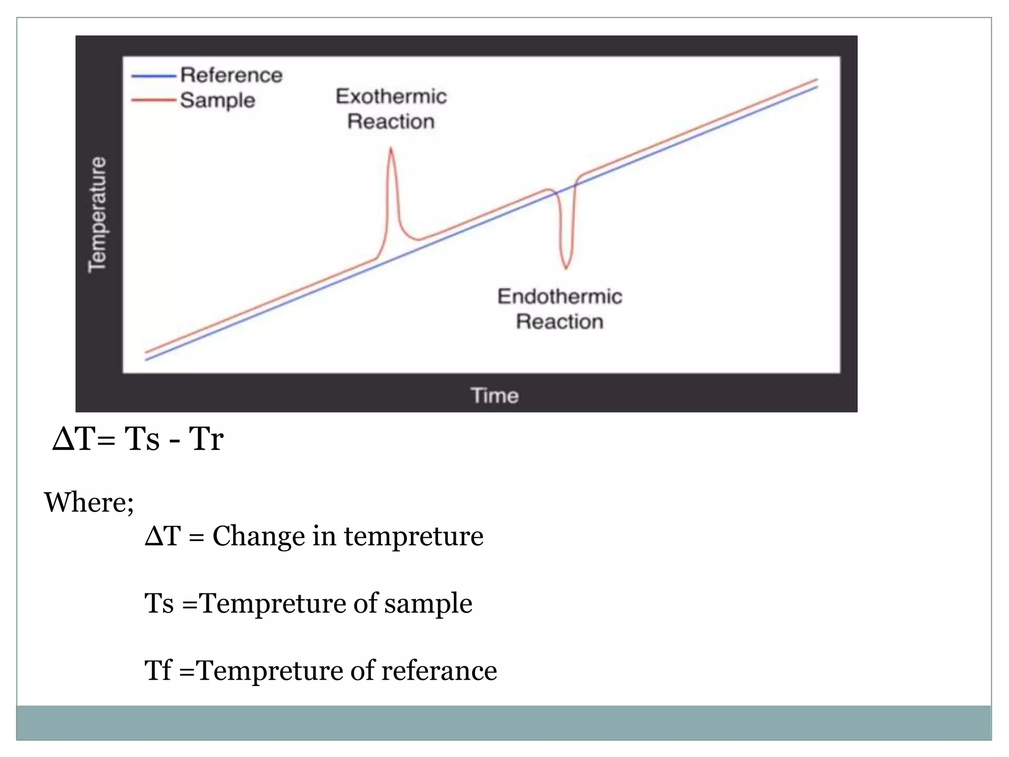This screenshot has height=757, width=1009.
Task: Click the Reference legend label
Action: click(x=231, y=75)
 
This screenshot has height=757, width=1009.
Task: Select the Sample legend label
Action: click(x=217, y=101)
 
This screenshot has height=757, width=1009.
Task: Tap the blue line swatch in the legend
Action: click(x=153, y=76)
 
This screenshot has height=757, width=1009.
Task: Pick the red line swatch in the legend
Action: click(x=153, y=100)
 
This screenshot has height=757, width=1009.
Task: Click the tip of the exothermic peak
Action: click(x=391, y=148)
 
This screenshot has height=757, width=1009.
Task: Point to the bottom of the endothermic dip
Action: click(x=566, y=268)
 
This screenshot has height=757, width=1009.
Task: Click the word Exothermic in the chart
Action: click(x=391, y=97)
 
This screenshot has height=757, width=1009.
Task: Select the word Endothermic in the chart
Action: click(x=560, y=297)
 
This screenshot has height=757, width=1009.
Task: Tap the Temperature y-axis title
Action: click(x=97, y=214)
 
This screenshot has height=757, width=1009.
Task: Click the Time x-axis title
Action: click(x=495, y=395)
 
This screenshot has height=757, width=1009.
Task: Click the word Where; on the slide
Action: click(x=89, y=502)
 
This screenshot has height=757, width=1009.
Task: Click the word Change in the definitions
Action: click(x=258, y=536)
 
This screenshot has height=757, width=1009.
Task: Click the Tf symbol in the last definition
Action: click(x=158, y=671)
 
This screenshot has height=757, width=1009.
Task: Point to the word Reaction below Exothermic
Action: click(x=391, y=122)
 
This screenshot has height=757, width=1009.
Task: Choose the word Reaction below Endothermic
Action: click(x=560, y=322)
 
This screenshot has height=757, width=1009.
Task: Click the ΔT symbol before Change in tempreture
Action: click(x=163, y=536)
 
